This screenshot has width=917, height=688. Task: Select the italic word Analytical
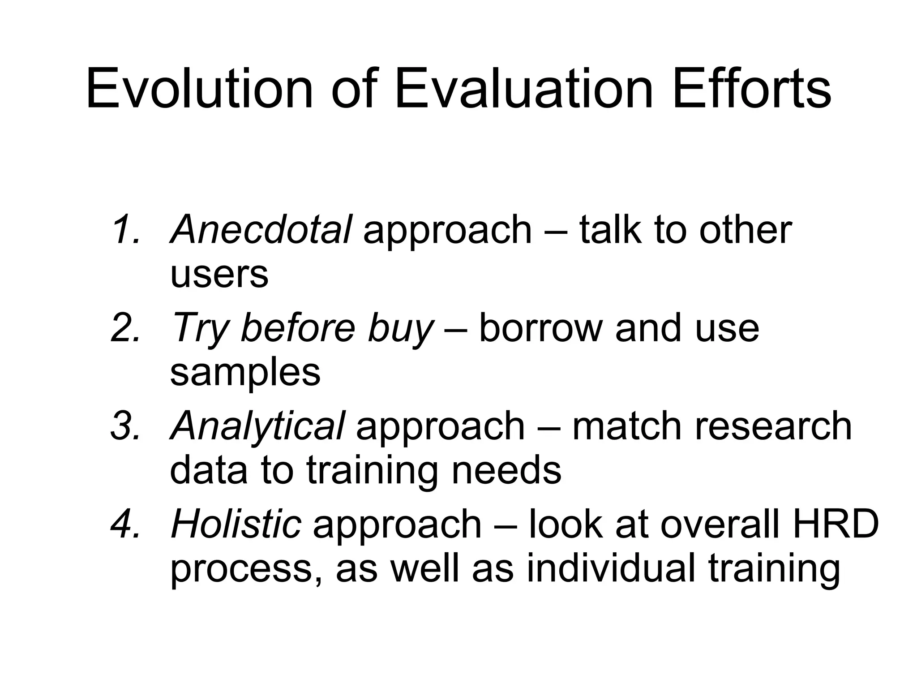[257, 426]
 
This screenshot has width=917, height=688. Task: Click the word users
[219, 274]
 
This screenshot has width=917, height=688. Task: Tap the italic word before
[298, 328]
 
